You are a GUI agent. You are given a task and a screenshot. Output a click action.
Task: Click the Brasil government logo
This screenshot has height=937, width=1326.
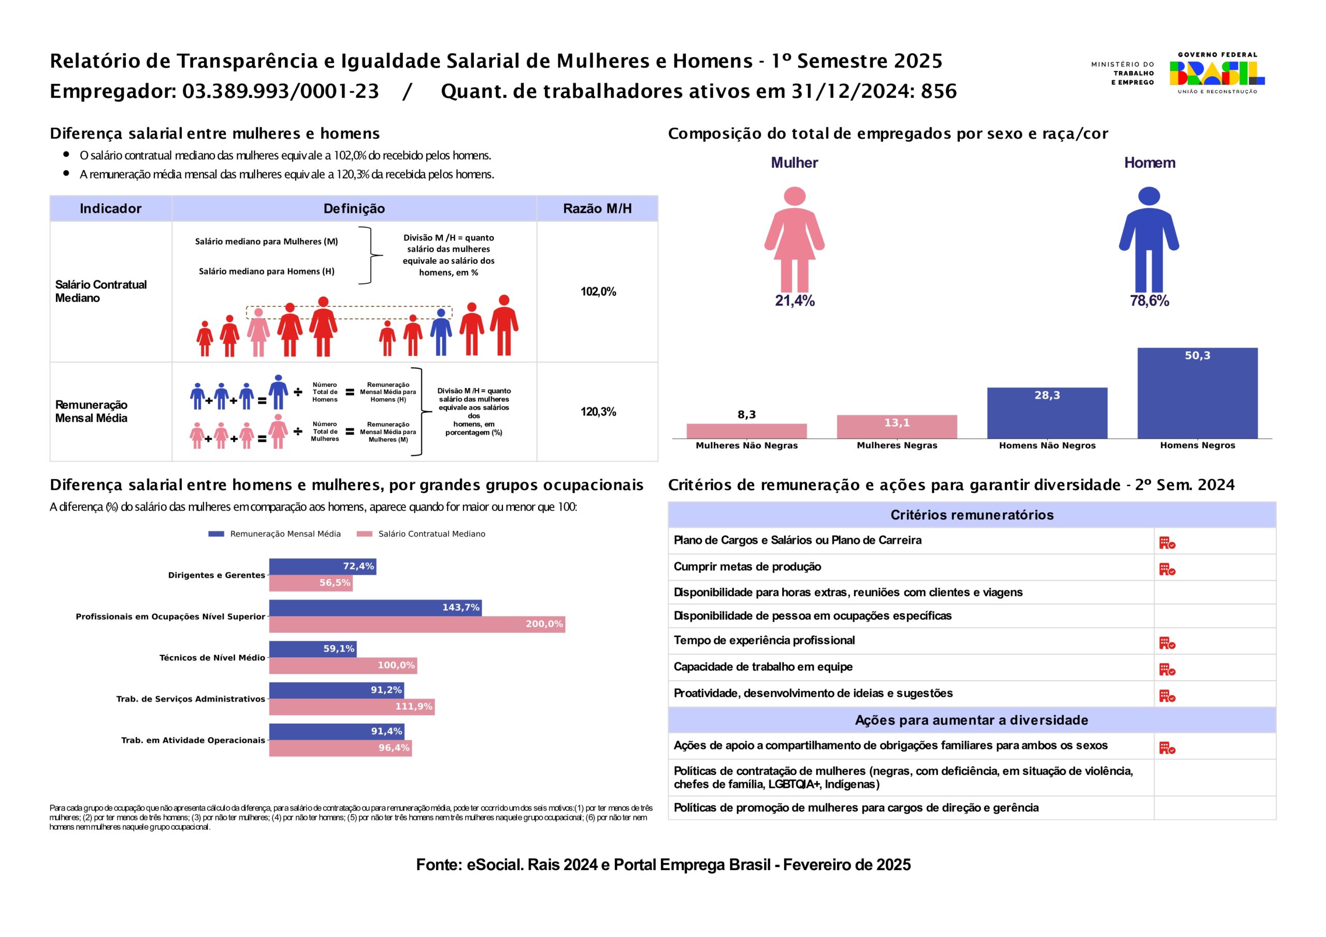(x=1217, y=74)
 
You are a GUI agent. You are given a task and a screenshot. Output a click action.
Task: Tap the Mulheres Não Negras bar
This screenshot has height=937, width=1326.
(x=746, y=431)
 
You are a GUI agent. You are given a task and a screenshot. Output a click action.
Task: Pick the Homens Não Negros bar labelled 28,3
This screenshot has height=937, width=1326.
(x=1047, y=412)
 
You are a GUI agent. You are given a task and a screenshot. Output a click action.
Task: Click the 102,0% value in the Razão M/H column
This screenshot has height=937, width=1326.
(x=598, y=292)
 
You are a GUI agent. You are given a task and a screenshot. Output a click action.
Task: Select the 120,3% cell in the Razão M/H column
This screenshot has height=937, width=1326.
(x=598, y=412)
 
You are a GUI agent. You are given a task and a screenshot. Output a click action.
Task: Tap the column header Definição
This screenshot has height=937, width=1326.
(x=354, y=209)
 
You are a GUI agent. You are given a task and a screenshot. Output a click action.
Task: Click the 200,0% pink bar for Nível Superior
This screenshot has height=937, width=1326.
(x=417, y=624)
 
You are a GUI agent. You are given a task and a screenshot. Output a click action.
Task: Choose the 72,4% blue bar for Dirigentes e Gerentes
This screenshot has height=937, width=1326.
(x=322, y=566)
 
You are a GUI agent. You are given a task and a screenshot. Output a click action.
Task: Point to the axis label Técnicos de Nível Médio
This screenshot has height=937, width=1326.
(x=212, y=657)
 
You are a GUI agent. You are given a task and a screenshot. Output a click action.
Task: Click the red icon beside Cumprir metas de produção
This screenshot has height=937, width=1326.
(x=1167, y=570)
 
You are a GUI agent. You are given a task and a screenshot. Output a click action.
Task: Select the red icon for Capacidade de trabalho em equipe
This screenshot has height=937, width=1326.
(x=1167, y=670)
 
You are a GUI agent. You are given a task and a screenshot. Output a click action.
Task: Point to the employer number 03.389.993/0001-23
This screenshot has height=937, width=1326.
(x=281, y=91)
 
